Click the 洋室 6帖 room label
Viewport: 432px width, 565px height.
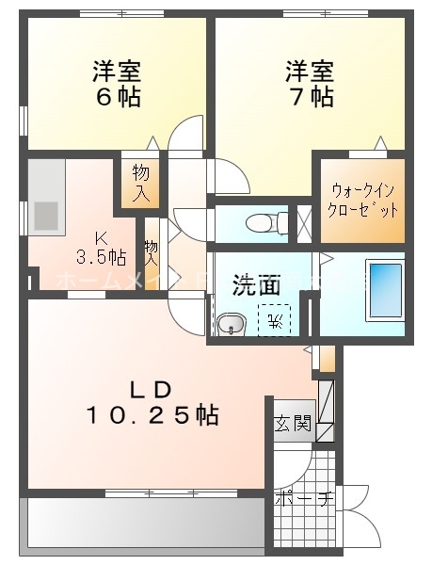click(x=116, y=83)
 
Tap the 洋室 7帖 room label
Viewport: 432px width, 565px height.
click(x=310, y=83)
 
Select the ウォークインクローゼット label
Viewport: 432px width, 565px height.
click(x=362, y=200)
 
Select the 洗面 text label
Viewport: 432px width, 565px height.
click(x=257, y=284)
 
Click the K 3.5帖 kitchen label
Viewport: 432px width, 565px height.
click(x=100, y=247)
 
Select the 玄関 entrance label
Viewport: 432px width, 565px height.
click(x=293, y=423)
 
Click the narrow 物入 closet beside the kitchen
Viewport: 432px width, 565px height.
click(x=151, y=255)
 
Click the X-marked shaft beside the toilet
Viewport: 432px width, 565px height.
click(x=304, y=222)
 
